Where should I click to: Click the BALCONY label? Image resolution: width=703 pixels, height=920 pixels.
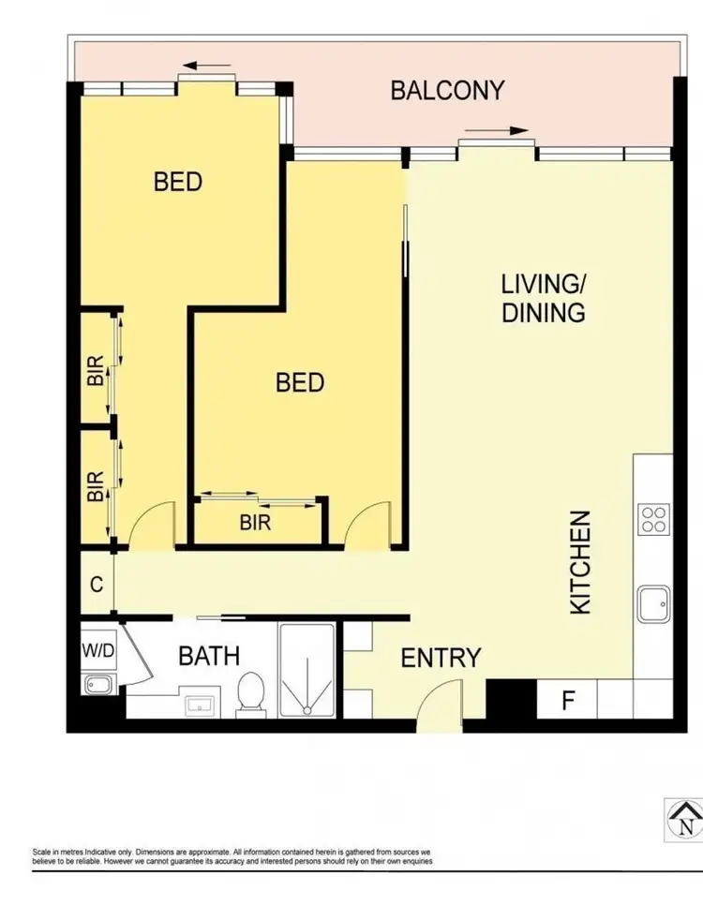pyautogui.click(x=447, y=91)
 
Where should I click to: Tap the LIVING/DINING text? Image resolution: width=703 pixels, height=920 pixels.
pyautogui.click(x=543, y=298)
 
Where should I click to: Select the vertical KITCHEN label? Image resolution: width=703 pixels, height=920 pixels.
pyautogui.click(x=581, y=562)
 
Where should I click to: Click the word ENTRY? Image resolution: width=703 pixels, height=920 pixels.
pyautogui.click(x=441, y=659)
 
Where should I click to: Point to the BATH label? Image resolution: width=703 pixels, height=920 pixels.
pyautogui.click(x=209, y=656)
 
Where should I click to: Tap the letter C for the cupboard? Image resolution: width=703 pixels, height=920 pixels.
pyautogui.click(x=96, y=583)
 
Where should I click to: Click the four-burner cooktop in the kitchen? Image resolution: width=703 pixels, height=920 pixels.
pyautogui.click(x=652, y=519)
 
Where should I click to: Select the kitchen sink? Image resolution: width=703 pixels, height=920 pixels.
pyautogui.click(x=652, y=604)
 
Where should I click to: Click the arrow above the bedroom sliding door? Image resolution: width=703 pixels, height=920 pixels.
pyautogui.click(x=207, y=67)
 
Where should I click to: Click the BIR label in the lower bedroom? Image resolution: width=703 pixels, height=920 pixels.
pyautogui.click(x=255, y=523)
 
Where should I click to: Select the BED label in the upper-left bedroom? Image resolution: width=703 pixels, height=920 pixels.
pyautogui.click(x=178, y=181)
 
